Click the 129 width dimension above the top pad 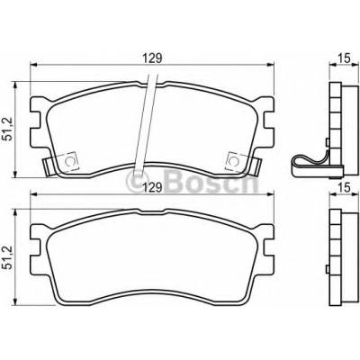click(151, 58)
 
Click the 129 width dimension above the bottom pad click(151, 188)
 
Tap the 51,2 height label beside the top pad click(7, 129)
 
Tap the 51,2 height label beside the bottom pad click(7, 256)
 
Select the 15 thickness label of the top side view click(345, 58)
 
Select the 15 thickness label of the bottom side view click(345, 188)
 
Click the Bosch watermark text click(211, 181)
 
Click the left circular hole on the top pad click(70, 162)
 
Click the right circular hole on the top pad click(233, 162)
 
